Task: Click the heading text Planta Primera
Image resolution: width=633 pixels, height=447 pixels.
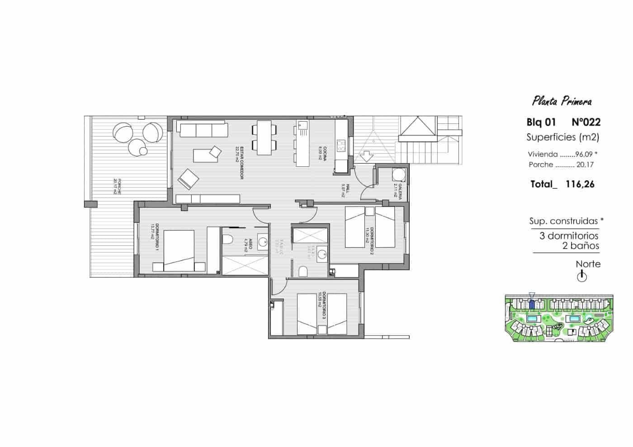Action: tap(562, 101)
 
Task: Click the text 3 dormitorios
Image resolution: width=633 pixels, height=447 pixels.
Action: tap(569, 236)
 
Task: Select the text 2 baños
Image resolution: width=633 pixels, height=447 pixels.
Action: tap(581, 246)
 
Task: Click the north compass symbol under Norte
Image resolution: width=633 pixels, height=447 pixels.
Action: tap(582, 276)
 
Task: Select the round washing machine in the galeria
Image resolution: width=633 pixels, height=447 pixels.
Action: tap(397, 175)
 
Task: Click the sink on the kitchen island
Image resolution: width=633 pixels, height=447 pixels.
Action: tap(302, 125)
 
